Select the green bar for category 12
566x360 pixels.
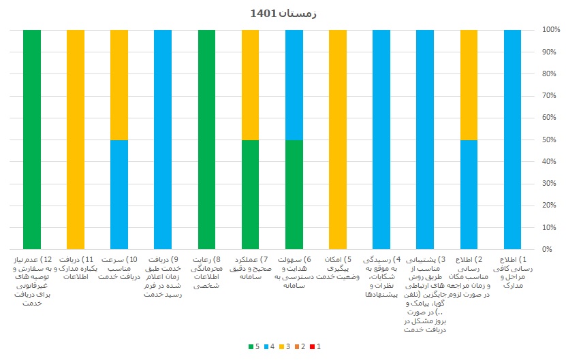click(x=31, y=140)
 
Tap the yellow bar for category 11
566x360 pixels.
click(x=76, y=140)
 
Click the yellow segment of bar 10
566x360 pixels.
click(x=119, y=85)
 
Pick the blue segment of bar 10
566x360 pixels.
click(x=119, y=195)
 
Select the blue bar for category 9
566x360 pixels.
click(x=163, y=140)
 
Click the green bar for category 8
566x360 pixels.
click(x=206, y=140)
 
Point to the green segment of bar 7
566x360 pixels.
click(x=251, y=195)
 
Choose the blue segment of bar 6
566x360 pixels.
click(x=294, y=85)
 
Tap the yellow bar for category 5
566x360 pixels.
click(x=338, y=140)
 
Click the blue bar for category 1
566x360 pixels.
click(x=513, y=140)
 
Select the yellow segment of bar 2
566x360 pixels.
click(x=469, y=85)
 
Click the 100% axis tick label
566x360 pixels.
click(x=551, y=31)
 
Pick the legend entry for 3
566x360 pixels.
click(x=287, y=347)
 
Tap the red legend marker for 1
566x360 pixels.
click(x=311, y=347)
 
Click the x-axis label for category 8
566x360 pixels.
click(x=208, y=273)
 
